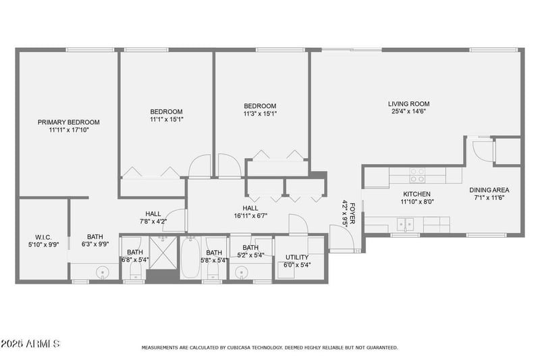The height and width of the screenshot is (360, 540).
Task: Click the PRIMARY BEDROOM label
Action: pyautogui.click(x=68, y=122)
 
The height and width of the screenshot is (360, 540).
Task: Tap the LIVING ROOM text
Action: pyautogui.click(x=408, y=104)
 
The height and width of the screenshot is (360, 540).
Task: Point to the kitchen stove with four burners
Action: pyautogui.click(x=417, y=176)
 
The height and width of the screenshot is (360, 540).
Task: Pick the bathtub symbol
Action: pyautogui.click(x=190, y=259)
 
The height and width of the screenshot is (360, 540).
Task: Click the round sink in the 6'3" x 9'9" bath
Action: pyautogui.click(x=102, y=273)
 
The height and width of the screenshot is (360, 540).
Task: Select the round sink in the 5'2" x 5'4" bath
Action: pyautogui.click(x=242, y=273)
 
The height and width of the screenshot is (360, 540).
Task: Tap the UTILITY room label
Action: pyautogui.click(x=297, y=257)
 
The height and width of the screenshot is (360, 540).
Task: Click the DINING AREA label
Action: pyautogui.click(x=489, y=190)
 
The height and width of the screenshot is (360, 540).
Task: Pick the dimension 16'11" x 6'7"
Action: pyautogui.click(x=250, y=216)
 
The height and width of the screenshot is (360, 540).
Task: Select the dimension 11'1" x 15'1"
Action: pyautogui.click(x=166, y=120)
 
